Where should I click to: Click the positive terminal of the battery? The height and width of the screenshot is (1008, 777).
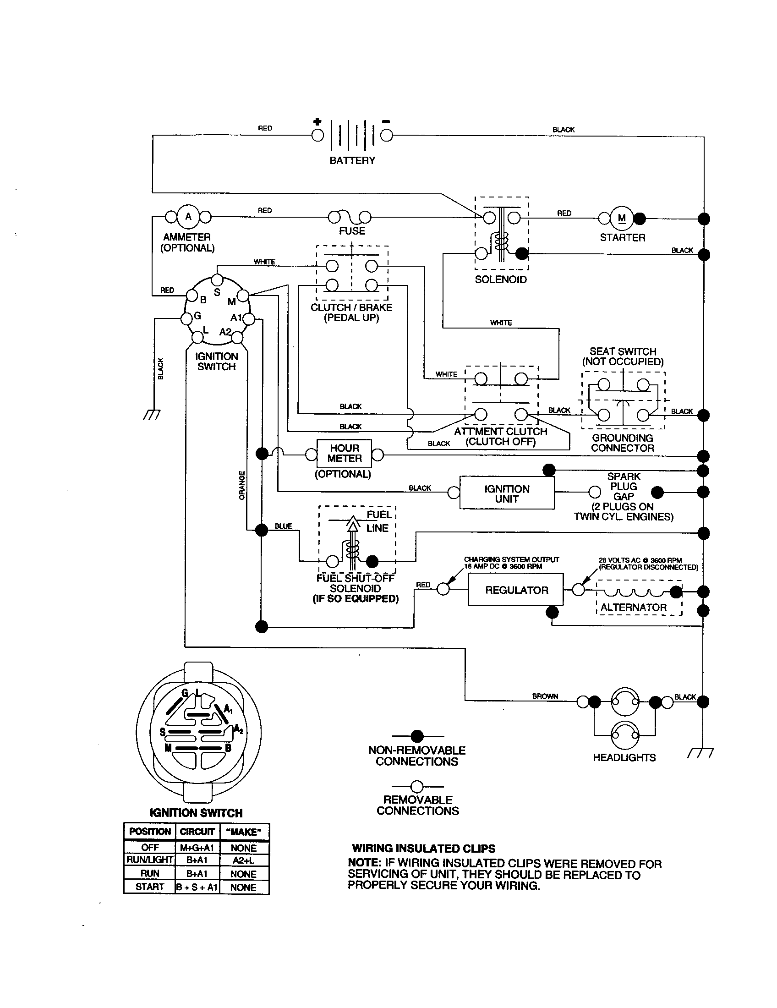pos(317,135)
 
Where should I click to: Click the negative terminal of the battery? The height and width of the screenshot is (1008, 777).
pos(387,135)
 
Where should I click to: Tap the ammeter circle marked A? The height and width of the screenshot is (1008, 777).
pos(188,216)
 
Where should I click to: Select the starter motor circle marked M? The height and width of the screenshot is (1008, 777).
pos(622,218)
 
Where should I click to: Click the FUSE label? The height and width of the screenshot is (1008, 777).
pos(352,231)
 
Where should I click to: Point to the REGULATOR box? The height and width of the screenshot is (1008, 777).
pos(516,590)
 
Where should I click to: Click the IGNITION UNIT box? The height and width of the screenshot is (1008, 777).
pos(507,493)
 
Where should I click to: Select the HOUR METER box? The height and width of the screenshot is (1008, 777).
pos(344,453)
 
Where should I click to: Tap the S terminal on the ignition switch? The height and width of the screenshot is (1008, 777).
pos(217,280)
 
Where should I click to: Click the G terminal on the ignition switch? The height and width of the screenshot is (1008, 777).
pos(186,318)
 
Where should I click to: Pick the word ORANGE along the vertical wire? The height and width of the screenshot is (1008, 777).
pos(242,485)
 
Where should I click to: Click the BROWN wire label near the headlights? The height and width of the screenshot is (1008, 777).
pos(545,696)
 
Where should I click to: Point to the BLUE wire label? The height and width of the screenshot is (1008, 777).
pos(283,526)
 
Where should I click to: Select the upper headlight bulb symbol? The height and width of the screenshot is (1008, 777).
pos(625,701)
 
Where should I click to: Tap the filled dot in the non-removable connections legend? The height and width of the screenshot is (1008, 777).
pos(417,736)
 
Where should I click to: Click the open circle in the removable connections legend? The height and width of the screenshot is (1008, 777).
pos(417,786)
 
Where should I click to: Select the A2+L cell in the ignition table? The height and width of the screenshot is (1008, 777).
pos(244,860)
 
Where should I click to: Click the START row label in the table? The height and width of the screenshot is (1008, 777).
pos(149,887)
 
